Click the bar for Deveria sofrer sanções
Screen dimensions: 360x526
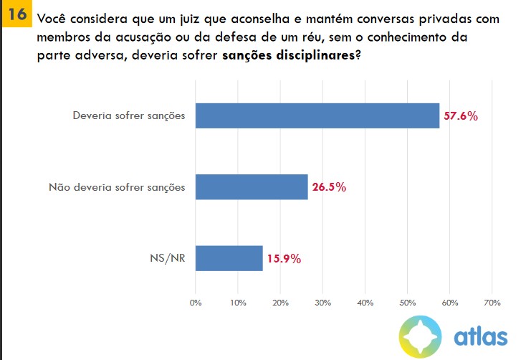tap(317, 115)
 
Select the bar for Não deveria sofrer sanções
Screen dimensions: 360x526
tap(251, 187)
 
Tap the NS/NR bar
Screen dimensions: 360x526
tap(229, 258)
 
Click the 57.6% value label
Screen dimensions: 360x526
tap(460, 116)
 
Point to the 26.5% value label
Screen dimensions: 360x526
tap(329, 188)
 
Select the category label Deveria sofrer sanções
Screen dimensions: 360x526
tap(129, 116)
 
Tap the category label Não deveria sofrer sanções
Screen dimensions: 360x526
tap(117, 188)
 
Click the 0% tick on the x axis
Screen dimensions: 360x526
tap(196, 303)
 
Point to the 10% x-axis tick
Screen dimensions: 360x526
tap(238, 303)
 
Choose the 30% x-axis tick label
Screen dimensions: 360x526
tap(322, 303)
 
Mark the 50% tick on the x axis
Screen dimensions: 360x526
tap(407, 303)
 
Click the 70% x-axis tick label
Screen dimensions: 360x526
tap(492, 303)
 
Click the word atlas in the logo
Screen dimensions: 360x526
tap(480, 336)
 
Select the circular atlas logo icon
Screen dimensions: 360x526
tap(421, 335)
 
